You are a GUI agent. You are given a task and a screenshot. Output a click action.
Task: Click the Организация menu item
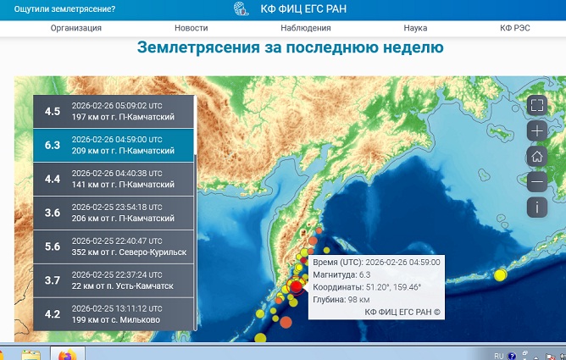click(76, 28)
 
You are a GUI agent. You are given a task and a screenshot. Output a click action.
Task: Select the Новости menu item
click(191, 28)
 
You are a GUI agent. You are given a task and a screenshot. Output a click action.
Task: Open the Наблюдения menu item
click(305, 28)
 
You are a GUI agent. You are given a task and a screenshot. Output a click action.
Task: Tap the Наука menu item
click(415, 28)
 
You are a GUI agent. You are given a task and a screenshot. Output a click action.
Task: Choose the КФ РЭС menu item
click(514, 28)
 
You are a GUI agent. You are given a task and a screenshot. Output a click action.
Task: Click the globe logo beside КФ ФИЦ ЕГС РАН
click(241, 9)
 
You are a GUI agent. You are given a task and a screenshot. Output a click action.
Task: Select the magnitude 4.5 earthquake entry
click(113, 111)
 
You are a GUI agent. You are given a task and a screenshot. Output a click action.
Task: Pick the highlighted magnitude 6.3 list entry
click(113, 145)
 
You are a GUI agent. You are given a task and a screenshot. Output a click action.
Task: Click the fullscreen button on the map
click(536, 105)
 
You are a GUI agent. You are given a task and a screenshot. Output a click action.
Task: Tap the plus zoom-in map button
click(536, 130)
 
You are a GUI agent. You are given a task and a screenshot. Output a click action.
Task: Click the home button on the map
click(536, 156)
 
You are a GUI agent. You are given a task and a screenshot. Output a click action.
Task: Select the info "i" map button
click(536, 207)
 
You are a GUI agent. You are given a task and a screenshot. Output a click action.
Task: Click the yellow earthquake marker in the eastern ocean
click(500, 274)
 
